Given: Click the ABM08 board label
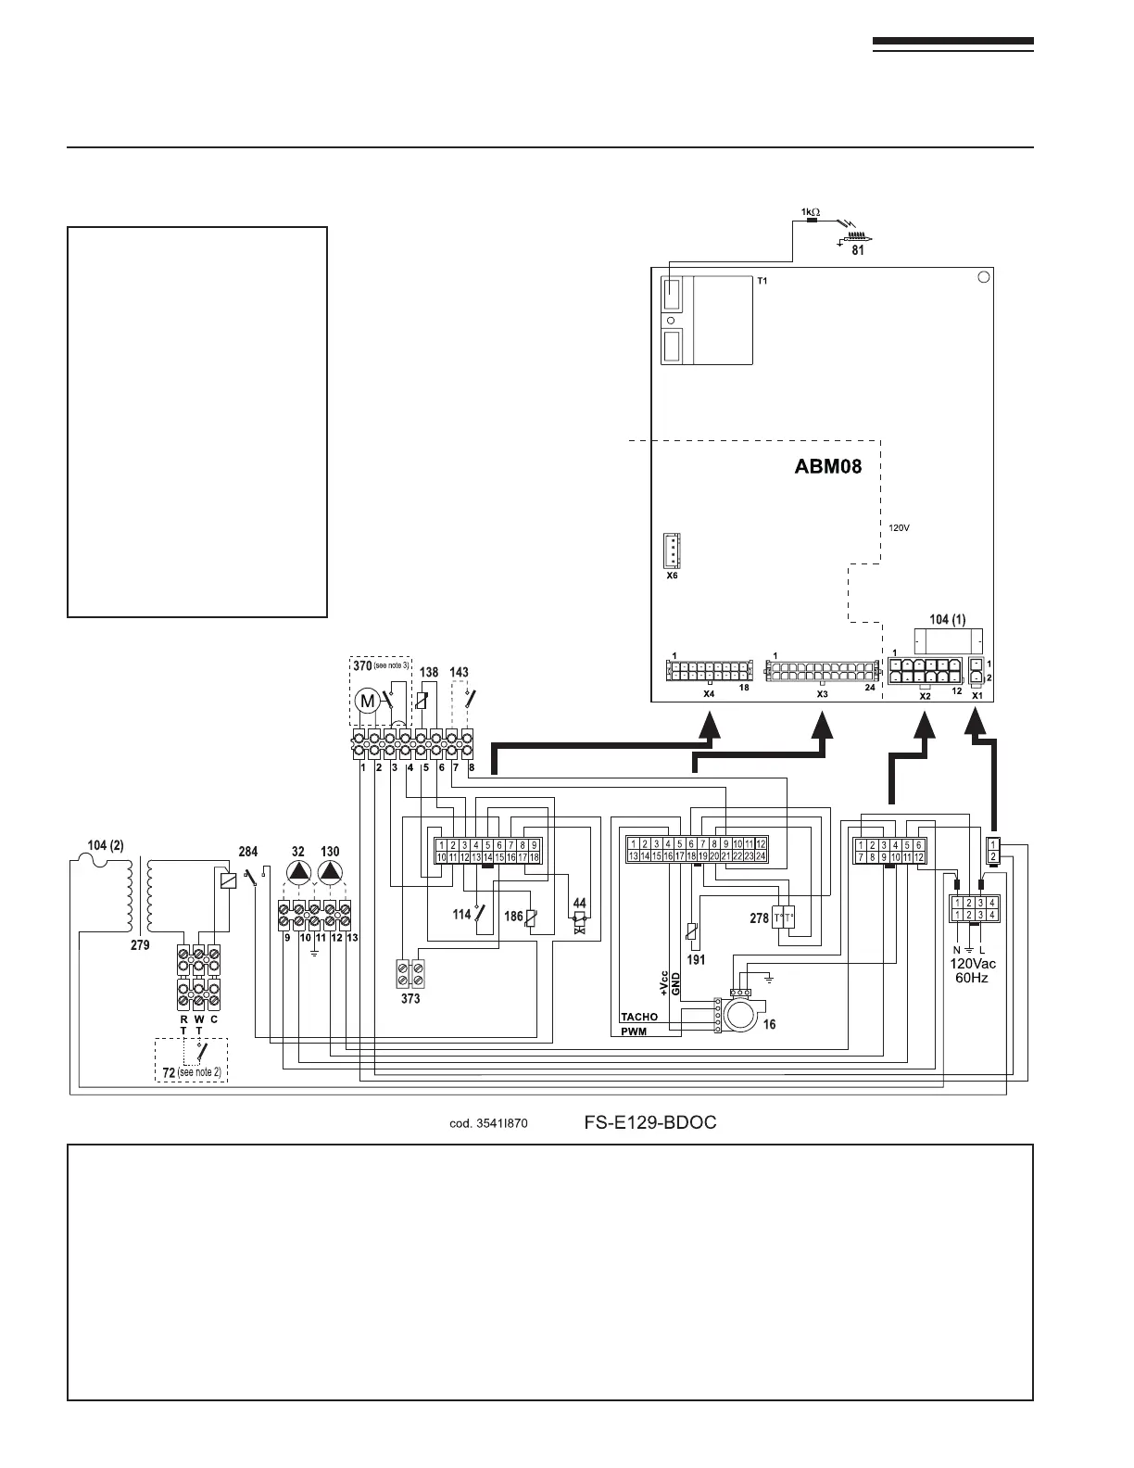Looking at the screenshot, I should point(827,466).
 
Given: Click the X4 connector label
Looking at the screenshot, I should point(708,693).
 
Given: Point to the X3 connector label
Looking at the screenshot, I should point(822,693).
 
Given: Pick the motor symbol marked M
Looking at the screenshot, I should point(368,701).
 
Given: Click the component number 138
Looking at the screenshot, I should point(429,672).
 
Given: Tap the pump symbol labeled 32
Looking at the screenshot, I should point(298,871).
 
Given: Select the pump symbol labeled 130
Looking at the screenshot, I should point(330,871).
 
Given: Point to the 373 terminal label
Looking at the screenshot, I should point(410,999).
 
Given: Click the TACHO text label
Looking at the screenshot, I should point(639,1017).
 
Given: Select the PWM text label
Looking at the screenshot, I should point(635,1031).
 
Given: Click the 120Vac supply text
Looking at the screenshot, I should point(972,963).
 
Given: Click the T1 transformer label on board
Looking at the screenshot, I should point(762,279).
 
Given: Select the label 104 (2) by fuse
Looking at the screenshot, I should point(106,845).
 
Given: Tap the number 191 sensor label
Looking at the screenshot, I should point(696,959).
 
